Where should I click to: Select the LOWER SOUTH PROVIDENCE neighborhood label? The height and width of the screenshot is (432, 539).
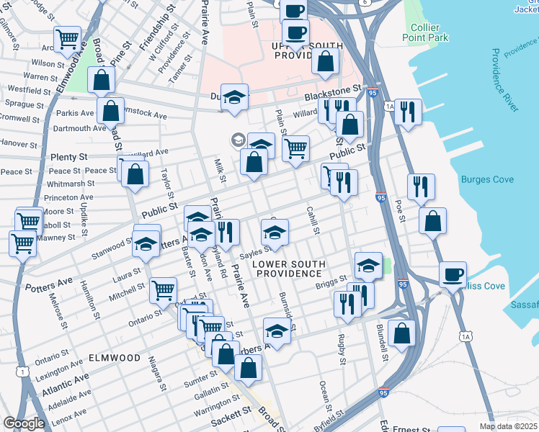[x=286, y=269]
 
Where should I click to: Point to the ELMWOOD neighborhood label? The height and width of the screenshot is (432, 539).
[x=115, y=357]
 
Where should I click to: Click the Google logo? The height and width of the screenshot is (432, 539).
[x=24, y=423]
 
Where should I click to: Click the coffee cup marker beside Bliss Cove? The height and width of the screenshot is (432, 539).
[x=453, y=274]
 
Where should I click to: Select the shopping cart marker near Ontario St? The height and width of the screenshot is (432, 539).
[x=164, y=290]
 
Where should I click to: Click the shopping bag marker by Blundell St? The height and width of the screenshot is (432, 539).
[x=401, y=333]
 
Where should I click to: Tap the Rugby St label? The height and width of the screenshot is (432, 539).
[x=339, y=346]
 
